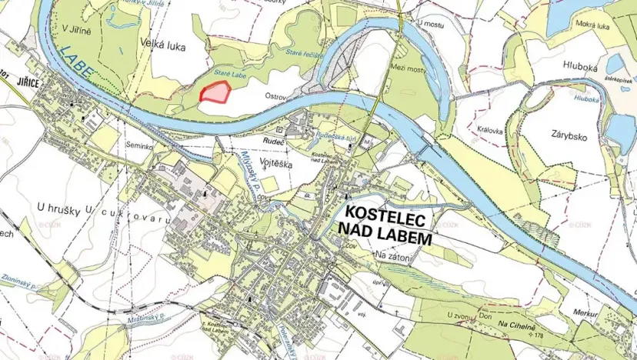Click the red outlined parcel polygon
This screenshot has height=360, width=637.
tap(215, 92)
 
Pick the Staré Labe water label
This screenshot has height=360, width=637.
tap(228, 68)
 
